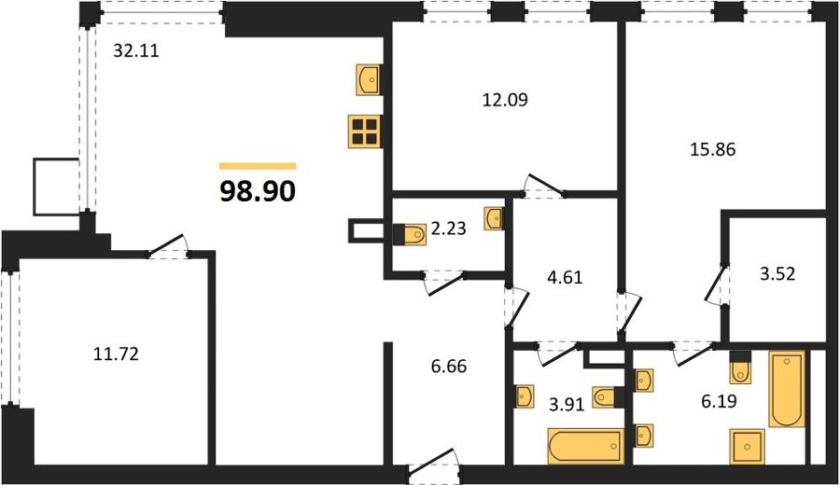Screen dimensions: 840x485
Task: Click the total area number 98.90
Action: (258, 190)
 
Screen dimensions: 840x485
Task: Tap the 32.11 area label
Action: (136, 50)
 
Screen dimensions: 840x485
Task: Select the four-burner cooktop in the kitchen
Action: (364, 132)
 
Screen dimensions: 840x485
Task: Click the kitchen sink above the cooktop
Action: (369, 80)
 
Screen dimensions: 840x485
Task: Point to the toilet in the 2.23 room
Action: (411, 234)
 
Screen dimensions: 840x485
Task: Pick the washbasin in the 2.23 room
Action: (494, 219)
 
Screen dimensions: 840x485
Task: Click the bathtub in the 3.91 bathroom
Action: (586, 446)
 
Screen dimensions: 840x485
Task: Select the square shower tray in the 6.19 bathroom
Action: (748, 447)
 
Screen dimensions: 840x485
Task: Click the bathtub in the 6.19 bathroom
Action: (787, 389)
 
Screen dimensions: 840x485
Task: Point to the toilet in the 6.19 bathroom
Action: (741, 367)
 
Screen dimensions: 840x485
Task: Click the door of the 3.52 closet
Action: (716, 284)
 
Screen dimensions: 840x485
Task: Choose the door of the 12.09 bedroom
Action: (543, 186)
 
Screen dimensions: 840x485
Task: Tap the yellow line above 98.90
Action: (258, 166)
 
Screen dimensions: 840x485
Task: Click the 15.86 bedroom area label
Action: (712, 149)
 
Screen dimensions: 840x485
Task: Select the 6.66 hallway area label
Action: (448, 367)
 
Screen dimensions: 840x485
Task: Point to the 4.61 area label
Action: (565, 277)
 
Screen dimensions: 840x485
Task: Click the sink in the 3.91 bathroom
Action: (524, 396)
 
